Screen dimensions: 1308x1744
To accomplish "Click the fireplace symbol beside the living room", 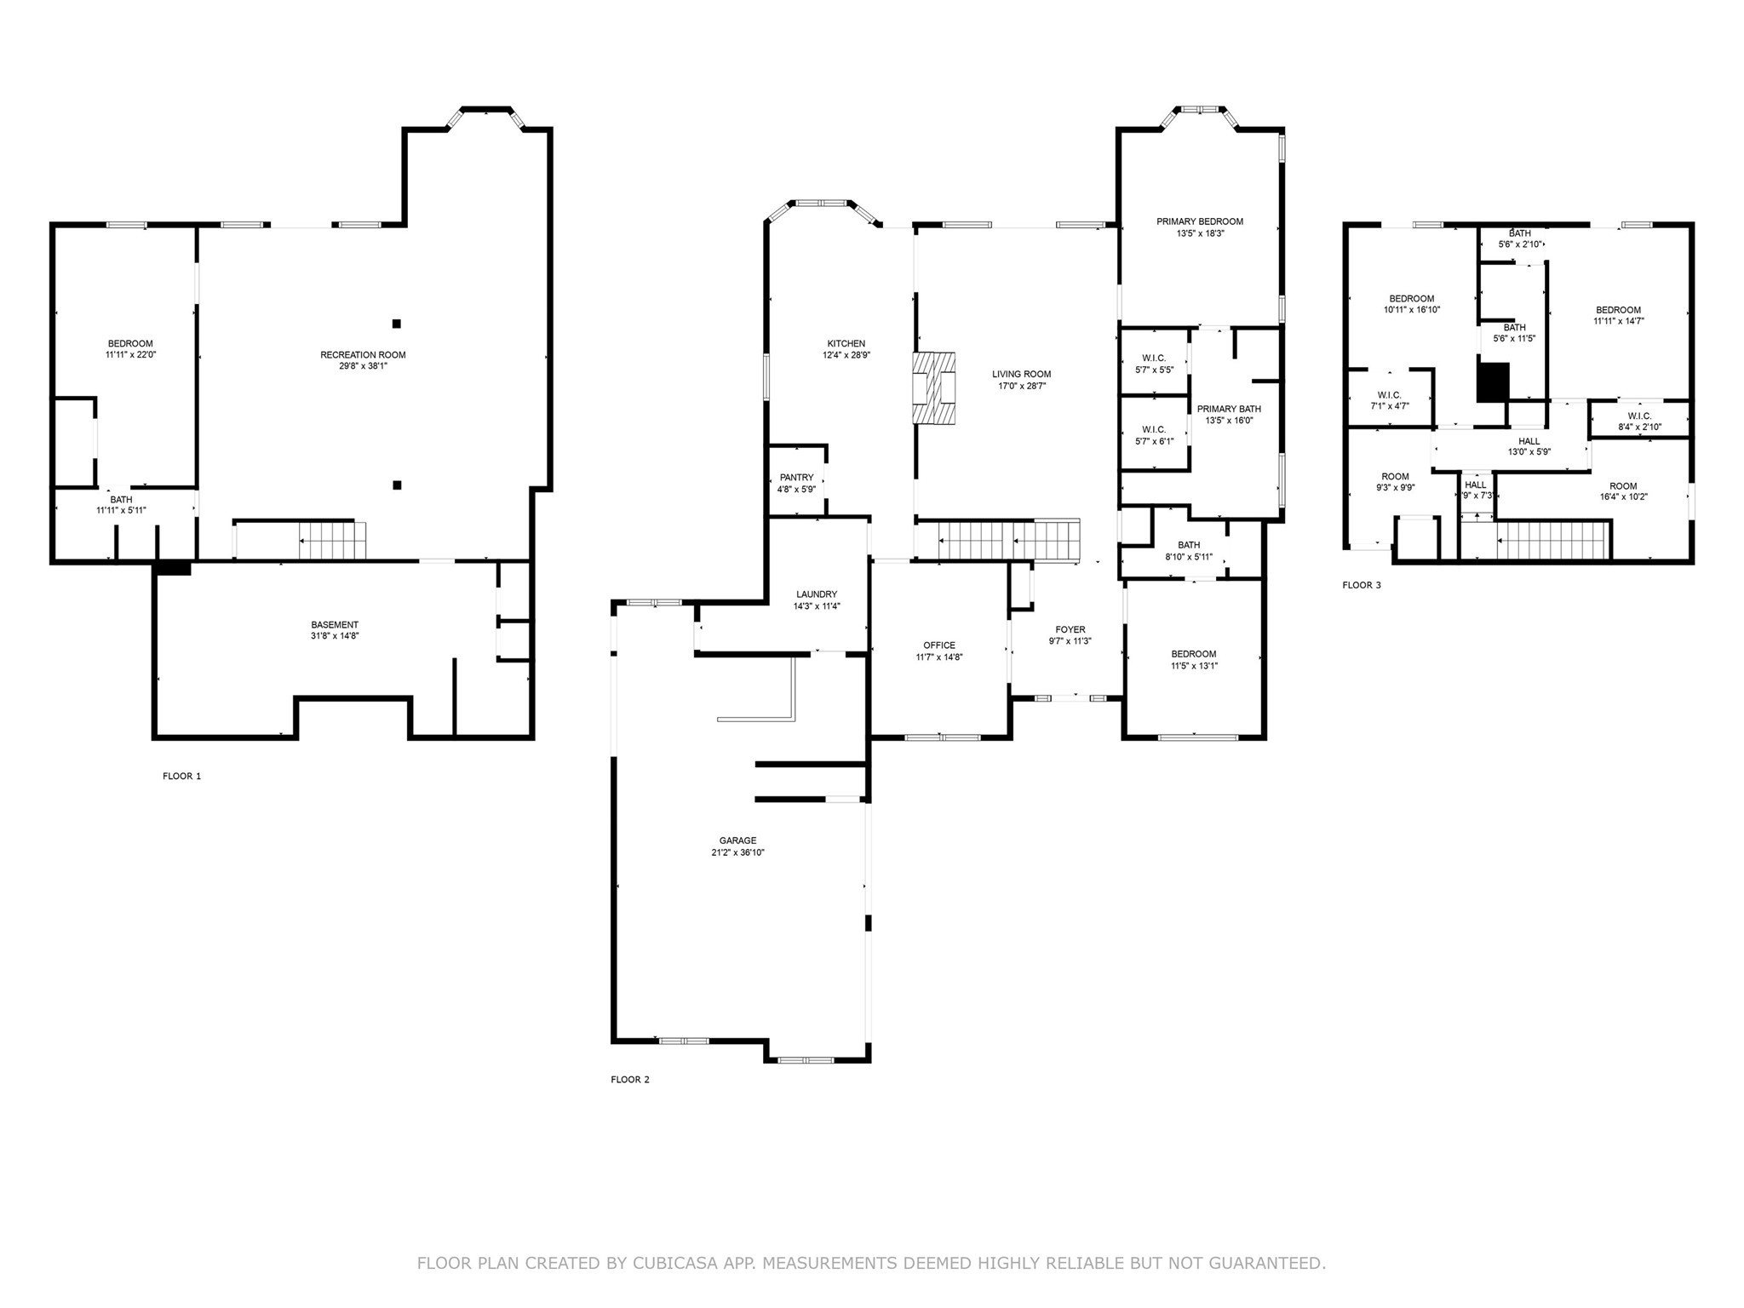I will (934, 388).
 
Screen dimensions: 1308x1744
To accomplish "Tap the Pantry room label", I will (796, 478).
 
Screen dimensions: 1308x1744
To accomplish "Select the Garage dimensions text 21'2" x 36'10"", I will (737, 852).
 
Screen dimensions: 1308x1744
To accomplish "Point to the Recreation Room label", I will (363, 355).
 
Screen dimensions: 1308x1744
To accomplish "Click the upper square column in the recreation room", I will (397, 324).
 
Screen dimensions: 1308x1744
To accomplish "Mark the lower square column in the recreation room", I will (397, 485).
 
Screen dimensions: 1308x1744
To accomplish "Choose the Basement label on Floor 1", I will (335, 624).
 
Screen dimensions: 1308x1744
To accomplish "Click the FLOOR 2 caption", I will (630, 1080).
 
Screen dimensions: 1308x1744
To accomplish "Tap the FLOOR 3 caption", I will (1362, 585).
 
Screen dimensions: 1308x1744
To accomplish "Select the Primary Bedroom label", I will (1199, 221).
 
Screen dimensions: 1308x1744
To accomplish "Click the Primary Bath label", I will (1228, 409).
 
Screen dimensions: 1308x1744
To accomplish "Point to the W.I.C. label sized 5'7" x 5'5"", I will (1154, 359).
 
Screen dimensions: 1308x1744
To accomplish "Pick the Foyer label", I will (1070, 630).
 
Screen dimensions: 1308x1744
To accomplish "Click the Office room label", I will (939, 645).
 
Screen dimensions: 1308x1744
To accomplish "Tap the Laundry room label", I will (817, 594).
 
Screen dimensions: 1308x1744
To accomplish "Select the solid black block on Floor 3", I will (1493, 382).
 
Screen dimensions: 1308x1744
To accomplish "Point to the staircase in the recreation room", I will (332, 540).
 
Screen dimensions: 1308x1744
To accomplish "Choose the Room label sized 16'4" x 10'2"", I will (1622, 486).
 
